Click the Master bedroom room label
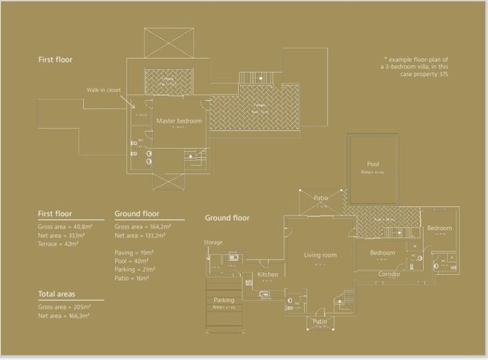tap(179, 121)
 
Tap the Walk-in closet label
tap(105, 90)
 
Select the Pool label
tap(373, 164)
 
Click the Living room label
tap(320, 255)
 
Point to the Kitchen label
tap(267, 275)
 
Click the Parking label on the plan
tap(224, 300)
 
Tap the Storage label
tap(213, 242)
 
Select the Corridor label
tap(389, 274)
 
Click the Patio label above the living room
tap(320, 198)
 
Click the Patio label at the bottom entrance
tap(320, 321)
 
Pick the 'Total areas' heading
tap(62, 294)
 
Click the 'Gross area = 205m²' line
tap(64, 306)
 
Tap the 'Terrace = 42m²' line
tap(59, 244)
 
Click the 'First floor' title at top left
tap(55, 60)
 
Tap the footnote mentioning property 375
tap(416, 66)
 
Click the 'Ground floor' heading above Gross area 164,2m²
tap(136, 214)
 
